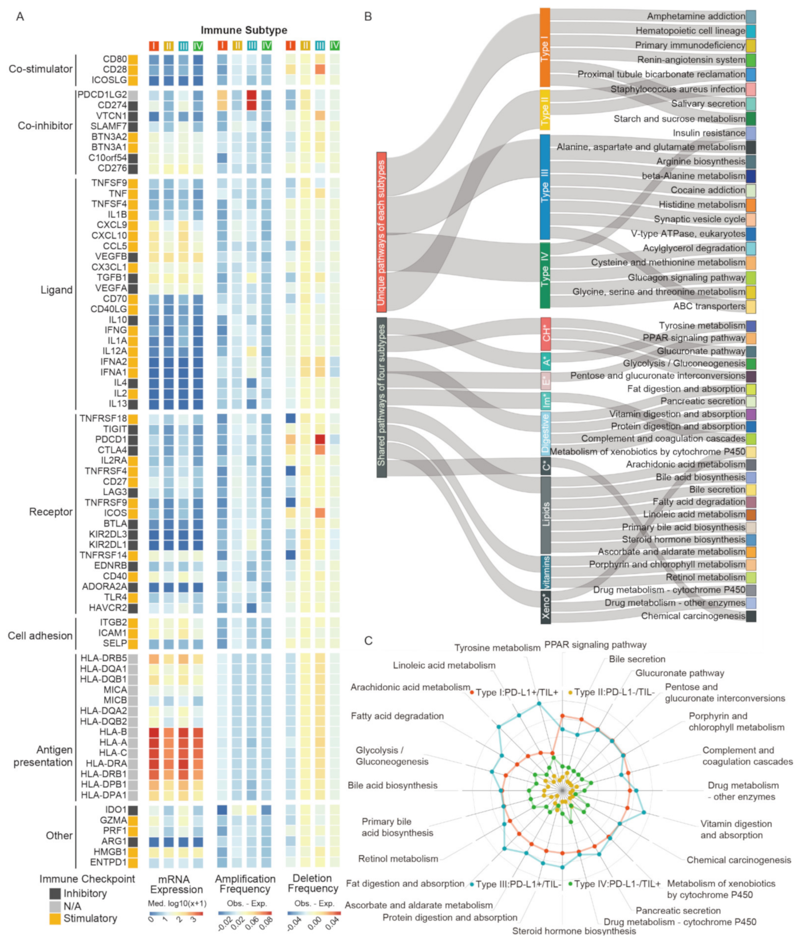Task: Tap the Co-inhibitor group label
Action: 45,126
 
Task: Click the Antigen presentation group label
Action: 43,756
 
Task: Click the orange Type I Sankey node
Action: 545,48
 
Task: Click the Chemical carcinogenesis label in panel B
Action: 693,616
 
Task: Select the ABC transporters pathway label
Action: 709,306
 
